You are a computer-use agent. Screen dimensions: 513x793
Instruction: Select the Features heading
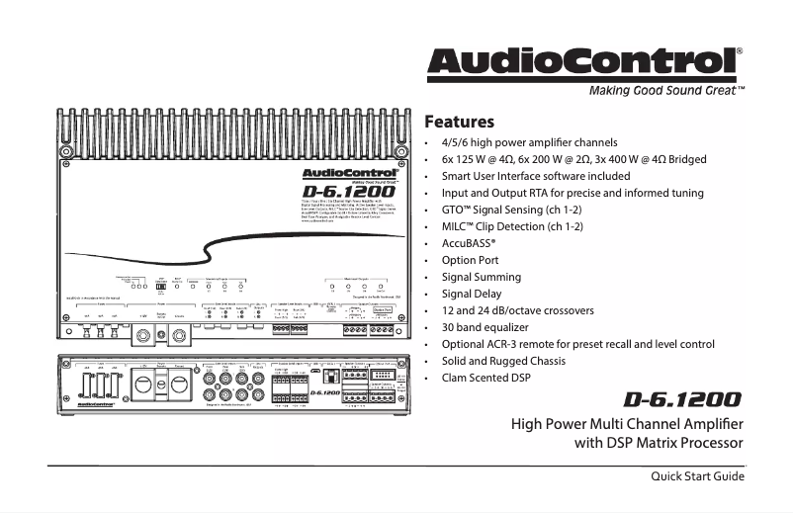pos(459,124)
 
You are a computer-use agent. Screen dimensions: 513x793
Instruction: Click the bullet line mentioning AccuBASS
pos(469,243)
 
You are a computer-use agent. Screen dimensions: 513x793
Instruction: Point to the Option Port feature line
pos(473,260)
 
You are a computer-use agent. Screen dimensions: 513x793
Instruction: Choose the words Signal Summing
pos(482,277)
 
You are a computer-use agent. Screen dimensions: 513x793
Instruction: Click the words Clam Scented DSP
pos(487,378)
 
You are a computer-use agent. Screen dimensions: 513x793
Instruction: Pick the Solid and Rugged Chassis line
pos(504,361)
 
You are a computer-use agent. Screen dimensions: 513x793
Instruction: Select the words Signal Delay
pos(472,294)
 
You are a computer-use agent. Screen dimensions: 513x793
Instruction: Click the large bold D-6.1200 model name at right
pos(683,400)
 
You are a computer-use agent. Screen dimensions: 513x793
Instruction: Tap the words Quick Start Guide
pos(696,477)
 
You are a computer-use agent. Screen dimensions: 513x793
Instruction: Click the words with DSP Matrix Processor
pos(659,442)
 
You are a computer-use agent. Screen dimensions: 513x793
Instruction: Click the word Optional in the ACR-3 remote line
pos(466,344)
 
